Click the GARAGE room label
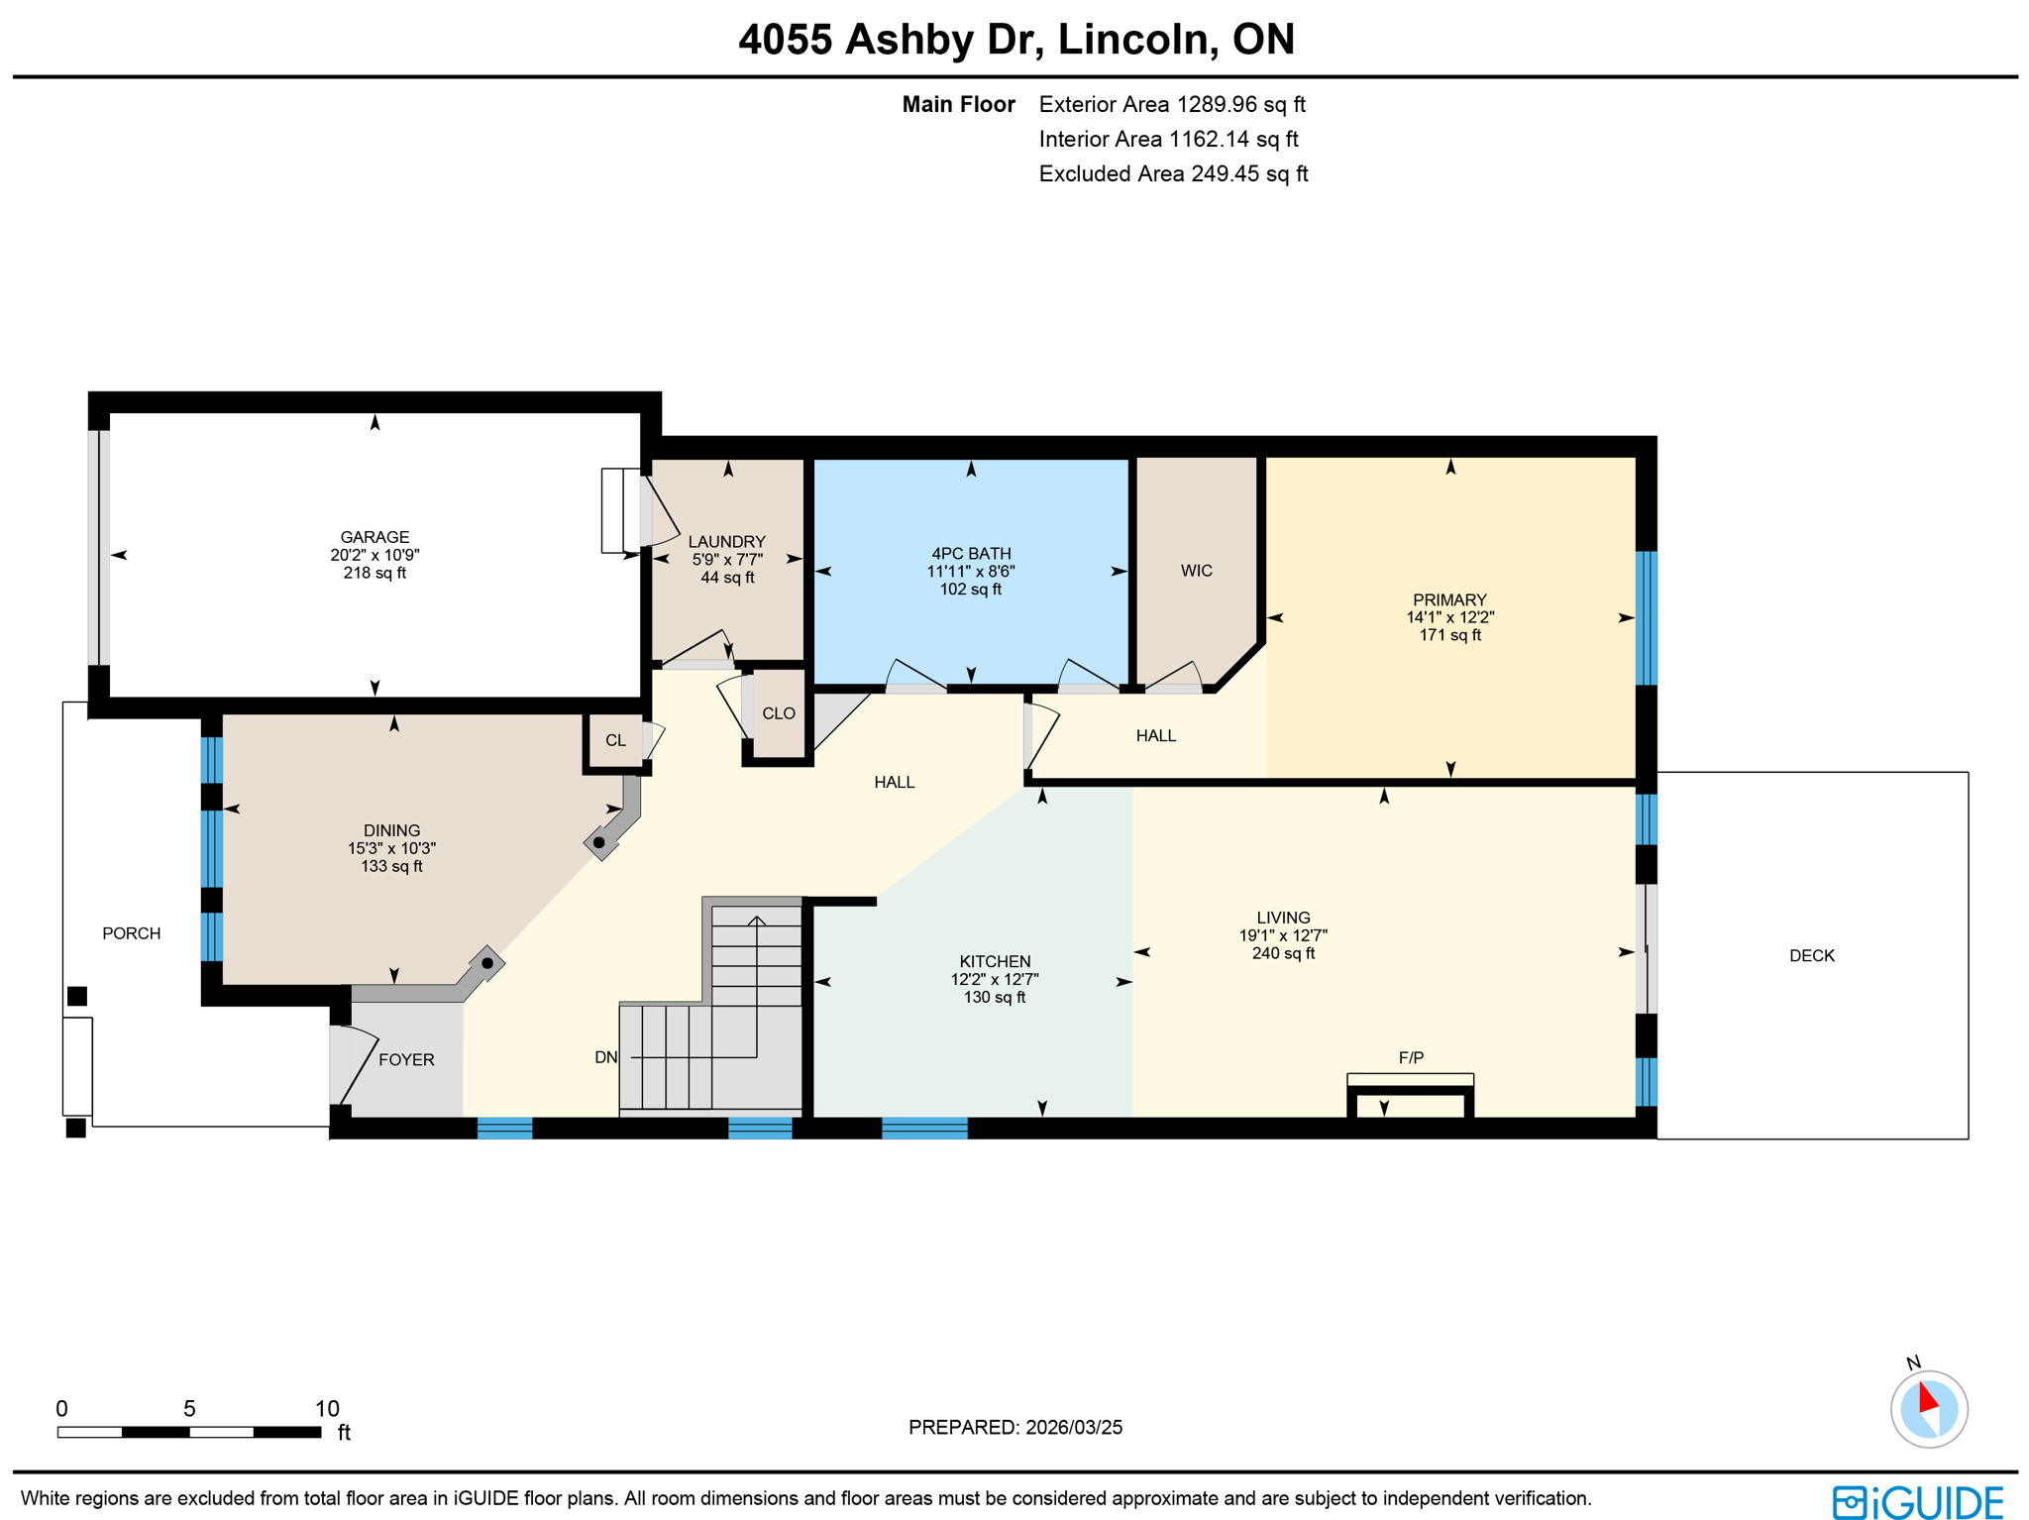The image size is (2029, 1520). coord(374,537)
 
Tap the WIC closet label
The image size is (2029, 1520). coord(1196,571)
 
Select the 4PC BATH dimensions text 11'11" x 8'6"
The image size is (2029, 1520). coord(970,572)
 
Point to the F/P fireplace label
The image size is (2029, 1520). coord(1410,1058)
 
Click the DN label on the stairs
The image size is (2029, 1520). coord(605,1058)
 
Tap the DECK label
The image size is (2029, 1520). coord(1811,956)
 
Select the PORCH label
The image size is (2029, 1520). coord(131,933)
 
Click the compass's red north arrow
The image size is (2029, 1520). coord(1927,1397)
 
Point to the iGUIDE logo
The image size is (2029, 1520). coord(1917,1502)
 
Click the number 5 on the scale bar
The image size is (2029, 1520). coord(189,1409)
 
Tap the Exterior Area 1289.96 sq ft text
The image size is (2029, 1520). coord(1171,105)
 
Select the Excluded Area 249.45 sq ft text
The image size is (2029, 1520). coord(1173,174)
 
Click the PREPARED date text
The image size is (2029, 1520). coord(1014,1428)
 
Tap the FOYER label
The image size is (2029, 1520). coord(406,1060)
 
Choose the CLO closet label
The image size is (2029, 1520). coord(779,713)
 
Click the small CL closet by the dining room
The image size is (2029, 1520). coord(615,740)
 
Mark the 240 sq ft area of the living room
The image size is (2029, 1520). coord(1283,954)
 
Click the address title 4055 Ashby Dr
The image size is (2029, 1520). coord(1015,40)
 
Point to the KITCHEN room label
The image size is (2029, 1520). coord(995,962)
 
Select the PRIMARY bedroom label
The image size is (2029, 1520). coord(1448,599)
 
